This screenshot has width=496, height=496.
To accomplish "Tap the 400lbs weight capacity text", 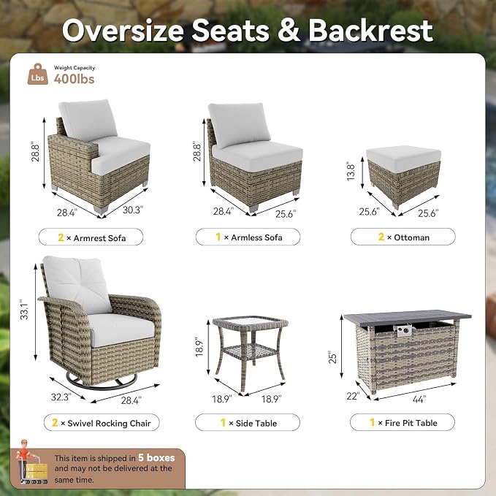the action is pos(74,79).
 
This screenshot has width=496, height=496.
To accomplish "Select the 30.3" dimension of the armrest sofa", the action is pos(133,210).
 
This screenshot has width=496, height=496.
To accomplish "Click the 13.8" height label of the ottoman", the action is pos(351,172).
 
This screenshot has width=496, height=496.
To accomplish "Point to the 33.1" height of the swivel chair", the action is pos(24,309).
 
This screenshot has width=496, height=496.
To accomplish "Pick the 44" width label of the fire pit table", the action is pos(419,399).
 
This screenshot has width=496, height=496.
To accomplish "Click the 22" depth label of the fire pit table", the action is pos(353,396).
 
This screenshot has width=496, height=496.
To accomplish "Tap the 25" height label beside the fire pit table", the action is pos(333,356).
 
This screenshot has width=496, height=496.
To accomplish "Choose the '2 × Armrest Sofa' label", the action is pos(91,237).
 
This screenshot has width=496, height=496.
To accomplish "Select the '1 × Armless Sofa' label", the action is pos(248,237).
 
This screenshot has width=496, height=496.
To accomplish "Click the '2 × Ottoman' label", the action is pos(403,237).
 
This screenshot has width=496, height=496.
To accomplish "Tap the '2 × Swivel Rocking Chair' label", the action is pos(102,423).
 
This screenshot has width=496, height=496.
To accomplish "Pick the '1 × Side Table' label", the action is pos(248,423).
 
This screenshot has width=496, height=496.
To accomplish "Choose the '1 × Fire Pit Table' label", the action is pos(402,422).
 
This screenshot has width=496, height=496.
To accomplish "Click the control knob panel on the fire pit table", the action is pos(404,331).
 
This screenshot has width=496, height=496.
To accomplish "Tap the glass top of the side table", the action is pos(251,321).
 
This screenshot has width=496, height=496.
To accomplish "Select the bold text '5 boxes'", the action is pos(156,457).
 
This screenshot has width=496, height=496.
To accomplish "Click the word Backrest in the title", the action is pos(371,31).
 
